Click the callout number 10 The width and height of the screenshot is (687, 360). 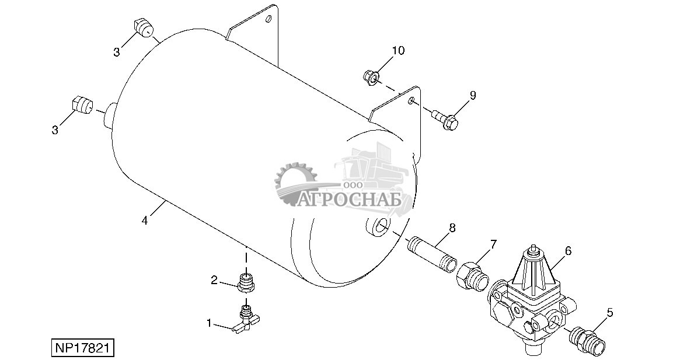(397, 51)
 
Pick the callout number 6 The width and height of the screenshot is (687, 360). (568, 251)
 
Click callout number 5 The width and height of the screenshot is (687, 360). (610, 313)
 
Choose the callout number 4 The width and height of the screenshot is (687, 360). (144, 221)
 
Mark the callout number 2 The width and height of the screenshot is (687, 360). (214, 281)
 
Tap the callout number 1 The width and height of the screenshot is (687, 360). (209, 322)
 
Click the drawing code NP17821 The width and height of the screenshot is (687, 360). (82, 348)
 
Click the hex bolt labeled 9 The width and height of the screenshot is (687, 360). (445, 120)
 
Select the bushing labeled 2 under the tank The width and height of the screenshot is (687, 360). (246, 281)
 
